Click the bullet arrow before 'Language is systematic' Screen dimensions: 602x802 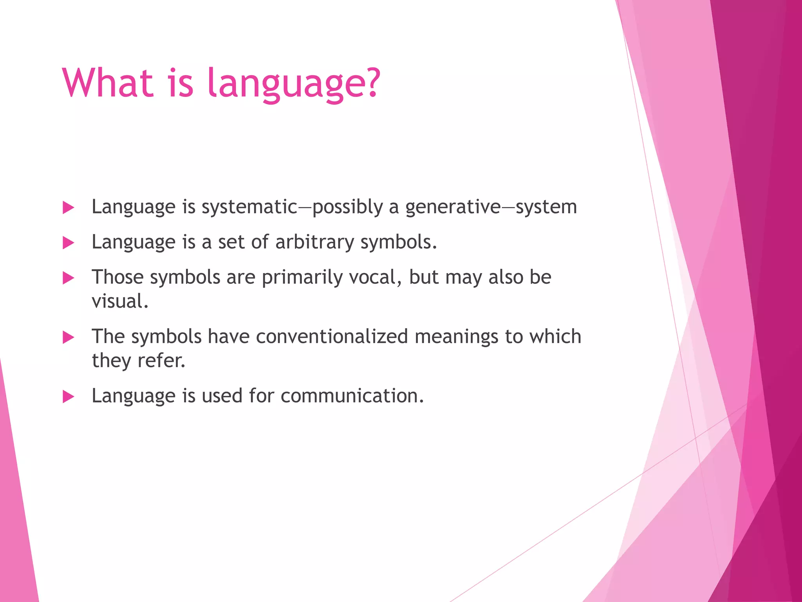[69, 208]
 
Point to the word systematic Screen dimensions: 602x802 [249, 207]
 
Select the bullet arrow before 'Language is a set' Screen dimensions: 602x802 [69, 243]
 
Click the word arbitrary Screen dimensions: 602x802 [314, 242]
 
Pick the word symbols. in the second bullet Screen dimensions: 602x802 [398, 242]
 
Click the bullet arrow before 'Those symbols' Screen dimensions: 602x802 [69, 278]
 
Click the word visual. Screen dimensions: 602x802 [120, 301]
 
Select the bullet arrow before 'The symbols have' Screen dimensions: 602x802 [69, 337]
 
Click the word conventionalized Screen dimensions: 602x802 [332, 337]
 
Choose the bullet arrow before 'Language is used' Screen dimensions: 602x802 [69, 397]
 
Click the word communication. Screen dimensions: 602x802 [352, 396]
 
